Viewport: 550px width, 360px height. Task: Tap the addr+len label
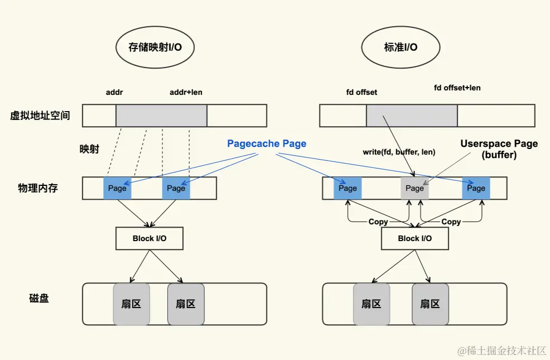point(186,92)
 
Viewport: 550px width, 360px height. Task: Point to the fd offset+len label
point(457,88)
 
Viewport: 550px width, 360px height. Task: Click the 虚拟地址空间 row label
point(40,116)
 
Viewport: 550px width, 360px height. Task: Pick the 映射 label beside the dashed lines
point(89,149)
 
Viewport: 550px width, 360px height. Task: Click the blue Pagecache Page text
point(267,143)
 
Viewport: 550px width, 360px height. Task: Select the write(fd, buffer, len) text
point(399,152)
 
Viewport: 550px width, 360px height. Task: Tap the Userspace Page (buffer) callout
point(499,150)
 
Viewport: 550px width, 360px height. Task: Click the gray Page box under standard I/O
point(414,188)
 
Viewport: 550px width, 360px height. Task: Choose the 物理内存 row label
point(38,188)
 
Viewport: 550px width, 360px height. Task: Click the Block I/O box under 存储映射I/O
point(149,238)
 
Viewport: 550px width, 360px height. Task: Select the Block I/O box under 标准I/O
point(415,238)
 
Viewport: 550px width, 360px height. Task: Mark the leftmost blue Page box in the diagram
point(117,188)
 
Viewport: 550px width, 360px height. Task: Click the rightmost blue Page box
point(476,188)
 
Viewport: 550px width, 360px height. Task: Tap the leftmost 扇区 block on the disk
point(131,304)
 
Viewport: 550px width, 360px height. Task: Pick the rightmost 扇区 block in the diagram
point(430,304)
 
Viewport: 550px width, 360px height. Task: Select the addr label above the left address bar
point(114,92)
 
